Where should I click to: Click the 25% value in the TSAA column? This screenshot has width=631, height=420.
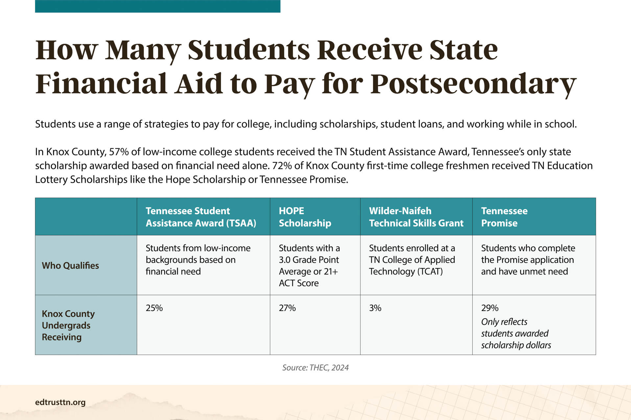(x=154, y=308)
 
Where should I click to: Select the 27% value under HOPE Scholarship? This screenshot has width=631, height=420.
(x=287, y=308)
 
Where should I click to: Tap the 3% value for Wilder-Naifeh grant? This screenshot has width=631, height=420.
(x=375, y=308)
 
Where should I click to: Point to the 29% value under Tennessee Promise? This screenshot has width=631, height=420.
(x=490, y=308)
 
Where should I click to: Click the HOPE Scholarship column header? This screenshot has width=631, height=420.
(x=305, y=217)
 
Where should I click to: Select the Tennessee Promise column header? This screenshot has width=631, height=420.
(x=504, y=217)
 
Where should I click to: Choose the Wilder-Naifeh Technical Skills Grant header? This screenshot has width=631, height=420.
(x=416, y=217)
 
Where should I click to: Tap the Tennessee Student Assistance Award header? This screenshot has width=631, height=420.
(x=201, y=217)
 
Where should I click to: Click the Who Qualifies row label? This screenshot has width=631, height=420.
(x=70, y=265)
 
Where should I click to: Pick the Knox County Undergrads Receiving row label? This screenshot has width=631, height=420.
(x=68, y=325)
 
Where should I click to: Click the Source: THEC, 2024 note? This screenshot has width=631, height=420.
(x=315, y=367)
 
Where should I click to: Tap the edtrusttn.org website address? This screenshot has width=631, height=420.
(x=60, y=402)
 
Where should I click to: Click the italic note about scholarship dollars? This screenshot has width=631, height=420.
(x=516, y=333)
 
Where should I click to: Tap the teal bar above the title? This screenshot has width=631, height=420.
(x=157, y=6)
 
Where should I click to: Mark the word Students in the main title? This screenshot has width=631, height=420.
(x=249, y=50)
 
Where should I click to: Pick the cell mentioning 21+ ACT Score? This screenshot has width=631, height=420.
(x=309, y=265)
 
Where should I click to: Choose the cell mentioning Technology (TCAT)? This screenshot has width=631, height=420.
(x=412, y=260)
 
